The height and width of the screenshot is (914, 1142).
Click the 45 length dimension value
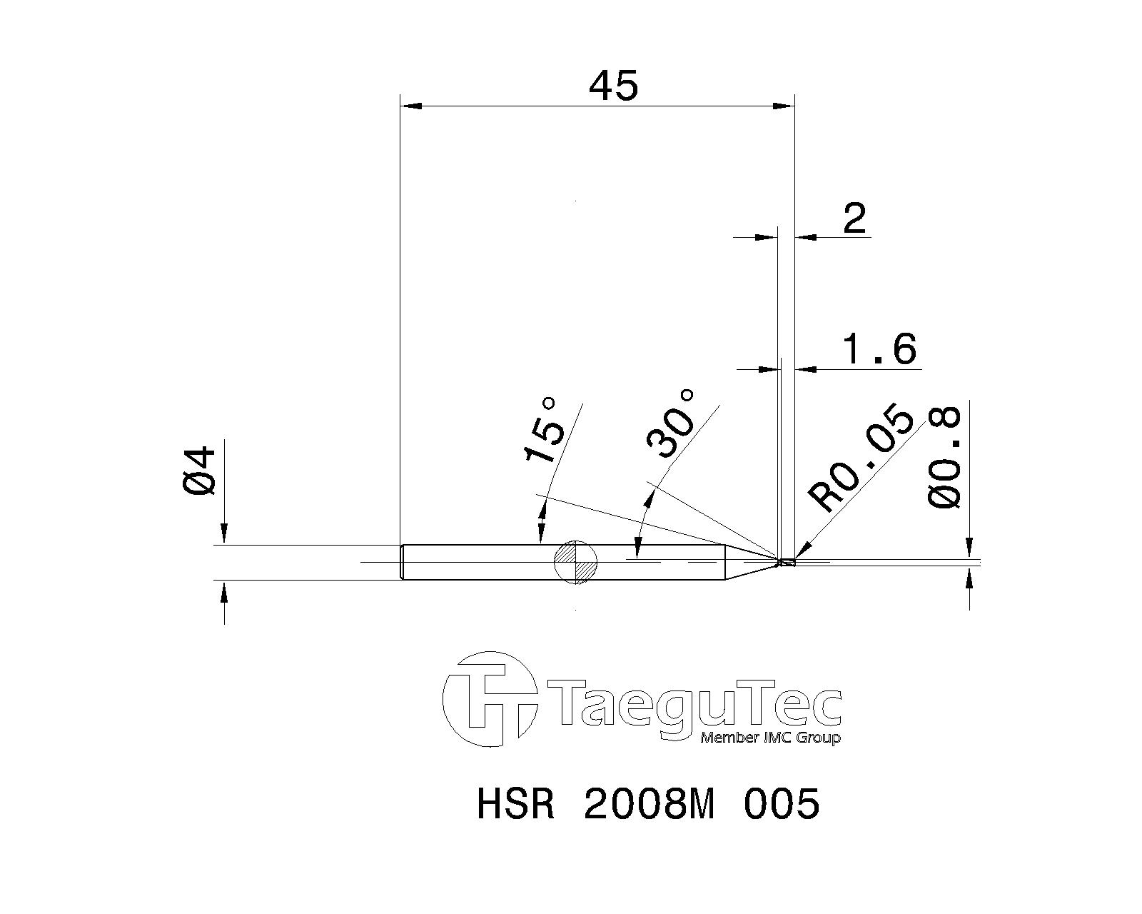[x=613, y=86]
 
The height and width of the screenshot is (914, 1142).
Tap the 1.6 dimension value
[x=879, y=350]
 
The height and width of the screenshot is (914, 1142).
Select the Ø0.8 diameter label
[x=946, y=458]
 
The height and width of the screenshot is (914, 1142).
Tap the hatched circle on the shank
[x=575, y=562]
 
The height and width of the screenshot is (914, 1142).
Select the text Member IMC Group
[x=770, y=738]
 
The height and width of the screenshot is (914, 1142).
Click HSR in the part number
[x=515, y=805]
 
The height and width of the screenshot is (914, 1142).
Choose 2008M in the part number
[x=649, y=805]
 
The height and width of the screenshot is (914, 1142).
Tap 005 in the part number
[x=782, y=805]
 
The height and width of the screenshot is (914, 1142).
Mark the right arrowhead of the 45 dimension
[x=784, y=106]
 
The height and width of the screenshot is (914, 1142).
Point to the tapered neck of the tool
[x=749, y=562]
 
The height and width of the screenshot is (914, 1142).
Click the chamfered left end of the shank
[x=403, y=562]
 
